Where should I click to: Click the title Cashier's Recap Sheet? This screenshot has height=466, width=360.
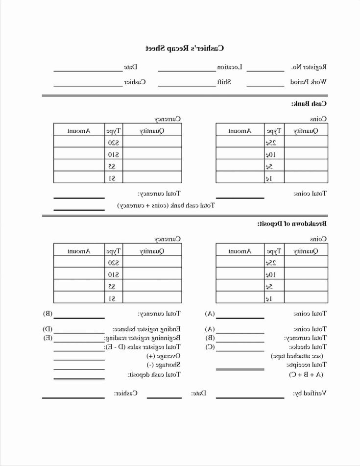click(185, 48)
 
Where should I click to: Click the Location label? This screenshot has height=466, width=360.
click(230, 67)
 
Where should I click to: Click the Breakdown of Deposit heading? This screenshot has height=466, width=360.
click(292, 223)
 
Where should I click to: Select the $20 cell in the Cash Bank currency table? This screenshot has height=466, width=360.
click(114, 142)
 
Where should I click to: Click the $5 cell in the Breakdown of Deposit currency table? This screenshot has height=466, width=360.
click(114, 286)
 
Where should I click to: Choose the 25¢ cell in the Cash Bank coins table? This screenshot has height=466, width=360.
click(271, 142)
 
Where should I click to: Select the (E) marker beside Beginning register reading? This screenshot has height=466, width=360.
click(48, 338)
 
